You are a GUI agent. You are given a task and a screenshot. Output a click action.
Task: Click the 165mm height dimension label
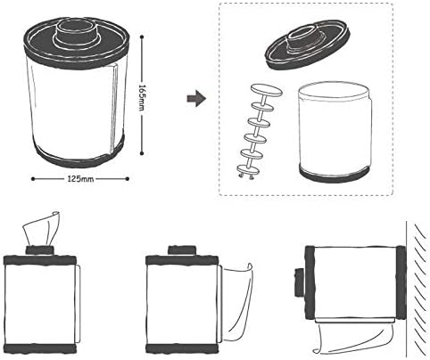143,97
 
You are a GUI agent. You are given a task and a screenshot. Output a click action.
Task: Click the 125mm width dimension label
80,179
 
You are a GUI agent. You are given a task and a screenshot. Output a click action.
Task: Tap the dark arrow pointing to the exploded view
196,98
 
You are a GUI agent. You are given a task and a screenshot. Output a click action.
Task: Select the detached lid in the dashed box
308,45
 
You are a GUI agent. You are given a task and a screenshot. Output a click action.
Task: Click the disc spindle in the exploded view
260,132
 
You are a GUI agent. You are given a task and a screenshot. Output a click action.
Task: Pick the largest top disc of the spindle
267,90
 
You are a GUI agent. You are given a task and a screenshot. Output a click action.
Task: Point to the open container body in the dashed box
335,132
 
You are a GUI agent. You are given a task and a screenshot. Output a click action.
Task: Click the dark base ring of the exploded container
335,175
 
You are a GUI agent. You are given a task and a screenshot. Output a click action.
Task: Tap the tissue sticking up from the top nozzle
42,228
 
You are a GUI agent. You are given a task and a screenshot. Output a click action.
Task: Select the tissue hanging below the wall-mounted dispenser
355,339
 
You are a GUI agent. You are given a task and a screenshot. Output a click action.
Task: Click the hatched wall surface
418,290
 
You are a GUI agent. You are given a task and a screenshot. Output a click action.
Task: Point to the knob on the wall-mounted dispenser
299,282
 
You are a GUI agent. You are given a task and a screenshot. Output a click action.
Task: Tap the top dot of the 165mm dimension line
142,37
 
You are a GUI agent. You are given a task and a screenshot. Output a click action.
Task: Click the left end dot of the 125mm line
33,179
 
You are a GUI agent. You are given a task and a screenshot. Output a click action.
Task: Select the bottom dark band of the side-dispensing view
182,348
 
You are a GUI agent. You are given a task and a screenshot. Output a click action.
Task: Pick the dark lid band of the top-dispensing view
40,260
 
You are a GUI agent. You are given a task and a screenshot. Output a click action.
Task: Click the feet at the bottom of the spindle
246,177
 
